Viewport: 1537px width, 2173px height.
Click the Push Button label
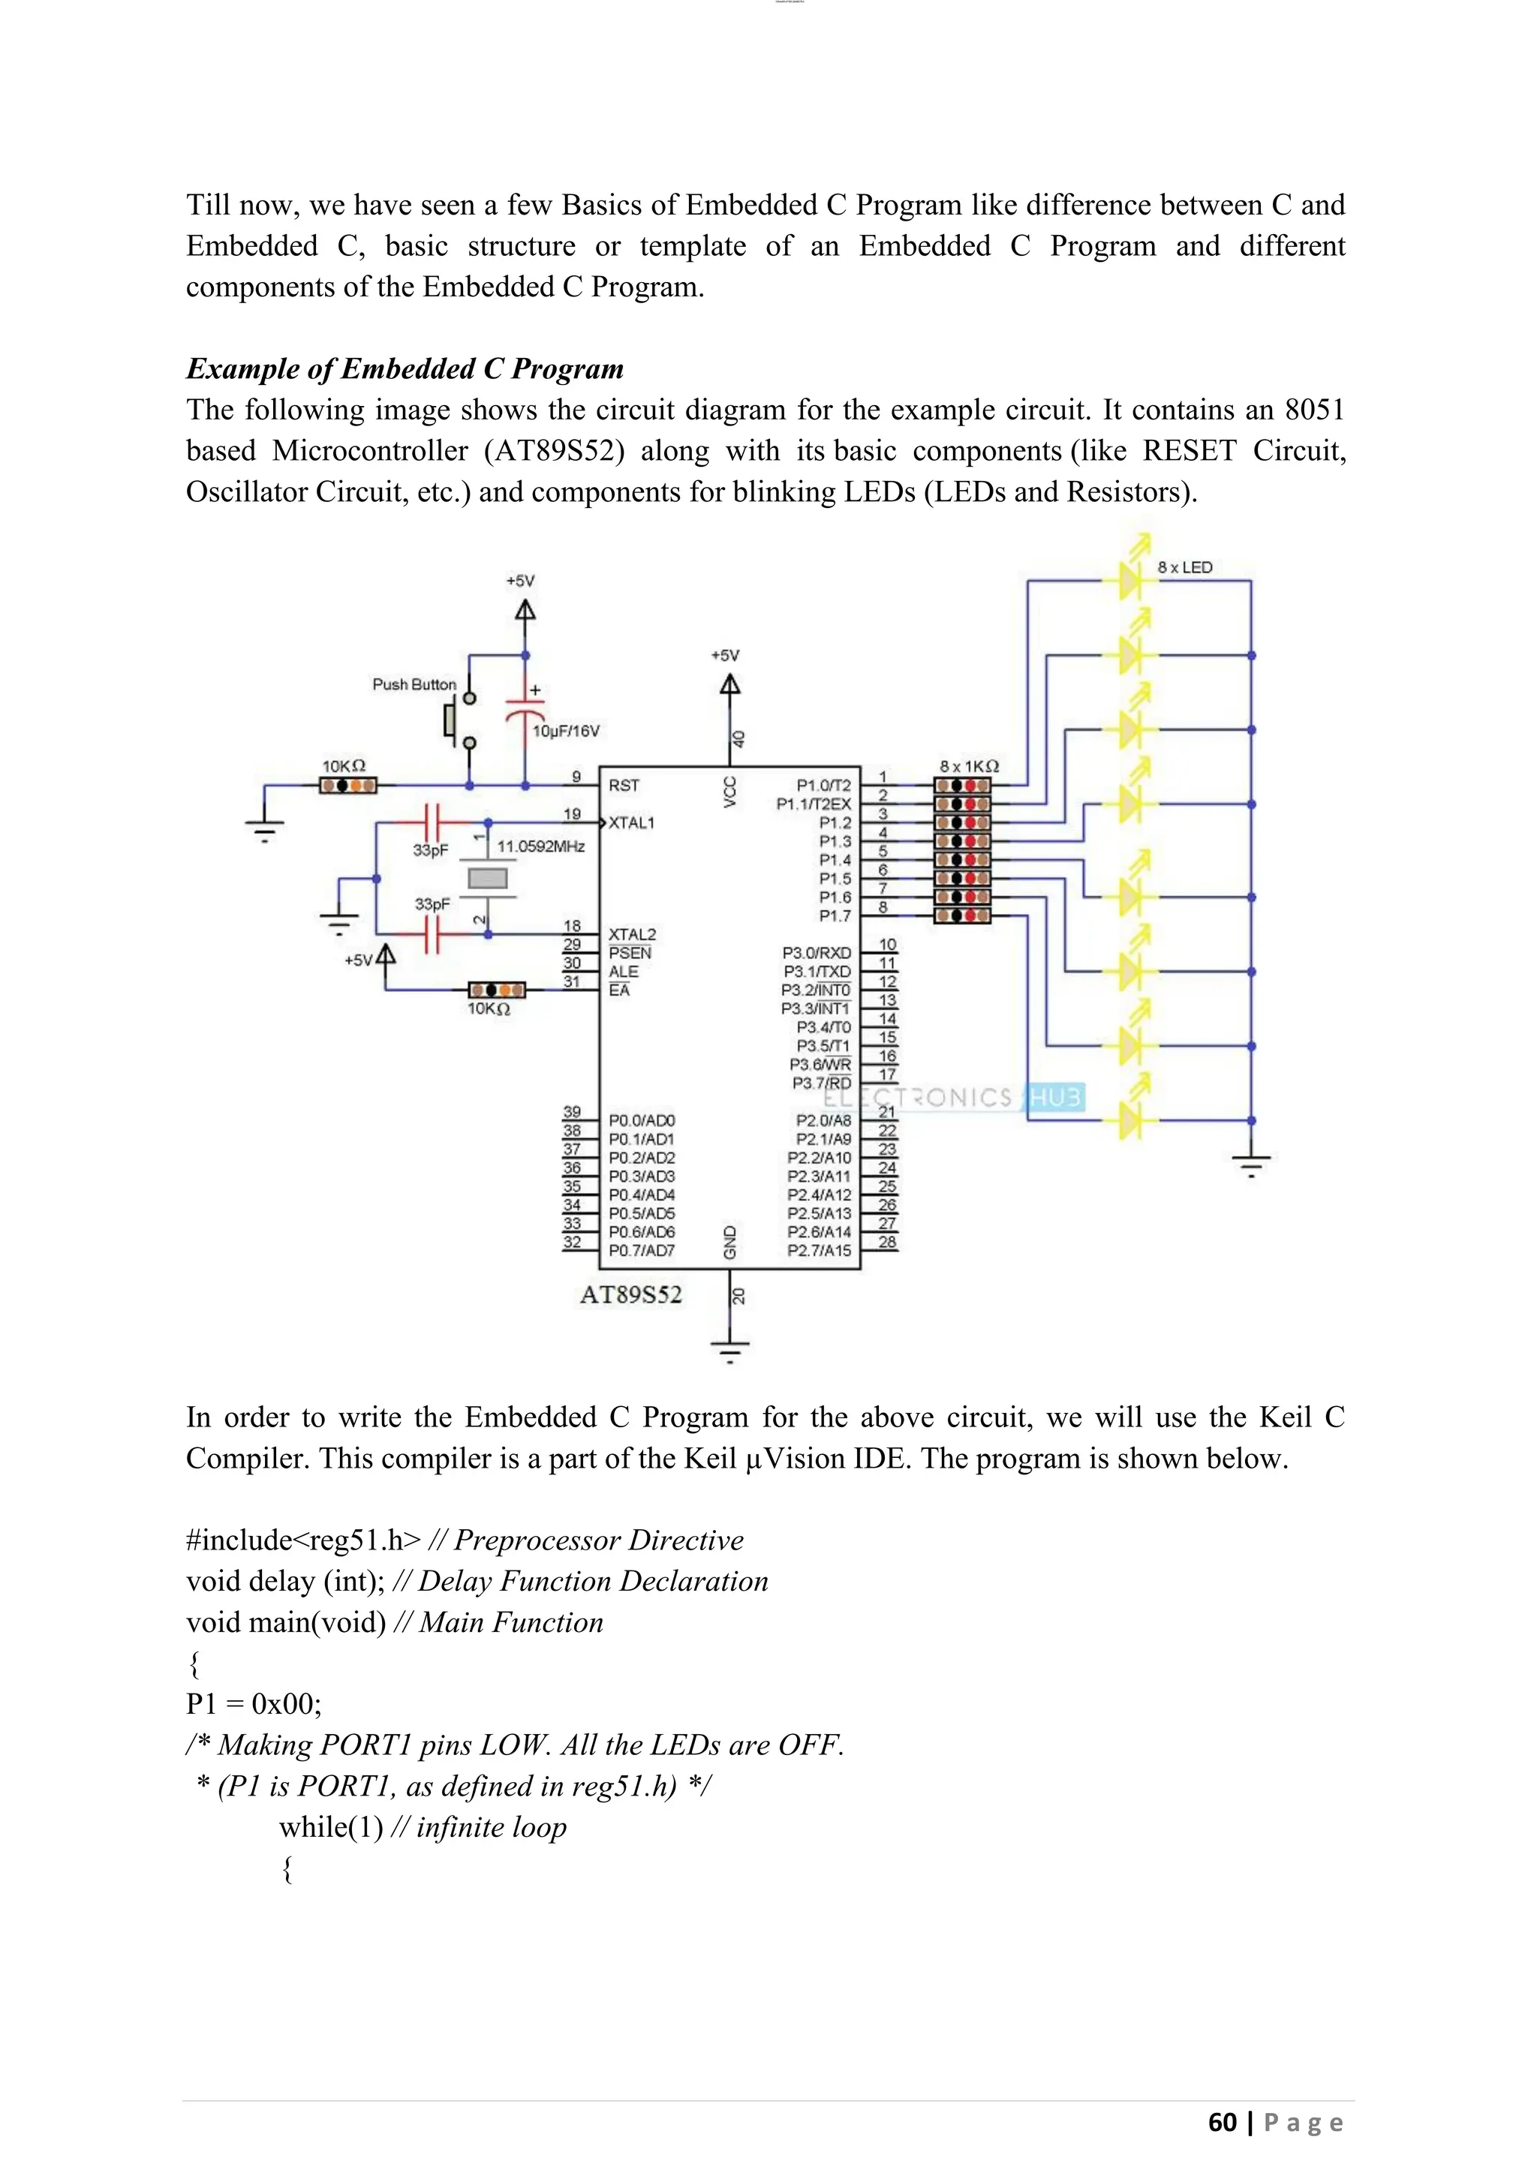(414, 684)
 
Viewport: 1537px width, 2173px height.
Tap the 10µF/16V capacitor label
(566, 731)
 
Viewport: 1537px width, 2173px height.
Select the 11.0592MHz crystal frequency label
(541, 846)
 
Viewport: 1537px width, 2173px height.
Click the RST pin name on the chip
(624, 786)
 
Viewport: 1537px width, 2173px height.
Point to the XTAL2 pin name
(631, 934)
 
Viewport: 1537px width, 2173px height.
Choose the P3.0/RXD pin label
(816, 953)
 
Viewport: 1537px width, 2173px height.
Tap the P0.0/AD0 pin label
(642, 1120)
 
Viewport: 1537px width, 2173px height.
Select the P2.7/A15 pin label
(819, 1251)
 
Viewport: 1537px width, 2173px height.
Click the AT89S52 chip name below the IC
(630, 1294)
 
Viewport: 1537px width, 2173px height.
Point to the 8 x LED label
(1184, 568)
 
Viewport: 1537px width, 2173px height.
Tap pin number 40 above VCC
(738, 739)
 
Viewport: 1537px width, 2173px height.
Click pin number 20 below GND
(738, 1297)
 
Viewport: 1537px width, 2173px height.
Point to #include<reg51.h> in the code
(303, 1540)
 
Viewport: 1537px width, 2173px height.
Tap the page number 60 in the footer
(1222, 2123)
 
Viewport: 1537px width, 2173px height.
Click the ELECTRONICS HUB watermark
(953, 1098)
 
